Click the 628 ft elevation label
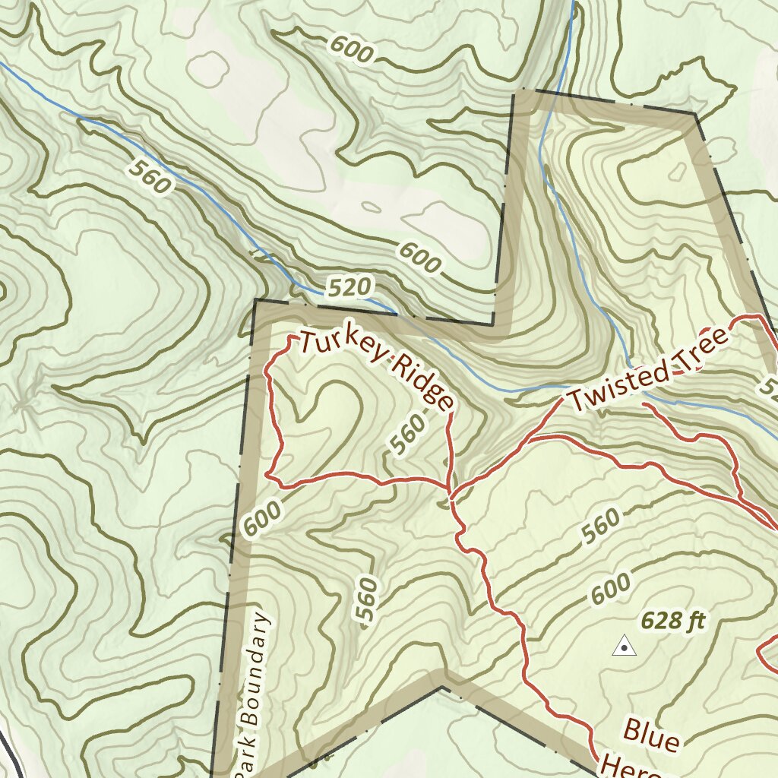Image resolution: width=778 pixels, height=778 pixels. [673, 621]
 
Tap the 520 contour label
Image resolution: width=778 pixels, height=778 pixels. [351, 287]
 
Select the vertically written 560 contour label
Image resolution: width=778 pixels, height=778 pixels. [367, 600]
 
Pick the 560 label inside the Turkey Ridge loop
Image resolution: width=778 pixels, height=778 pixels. [409, 438]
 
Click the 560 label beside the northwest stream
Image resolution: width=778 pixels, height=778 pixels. [150, 176]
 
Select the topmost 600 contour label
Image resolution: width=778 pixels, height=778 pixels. [353, 50]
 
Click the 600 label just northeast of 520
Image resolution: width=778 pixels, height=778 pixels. [419, 258]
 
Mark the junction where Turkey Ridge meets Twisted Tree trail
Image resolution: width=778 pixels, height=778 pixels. [452, 498]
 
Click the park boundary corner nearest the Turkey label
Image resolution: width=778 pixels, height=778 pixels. [256, 302]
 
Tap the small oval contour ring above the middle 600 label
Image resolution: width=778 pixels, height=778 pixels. [372, 207]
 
